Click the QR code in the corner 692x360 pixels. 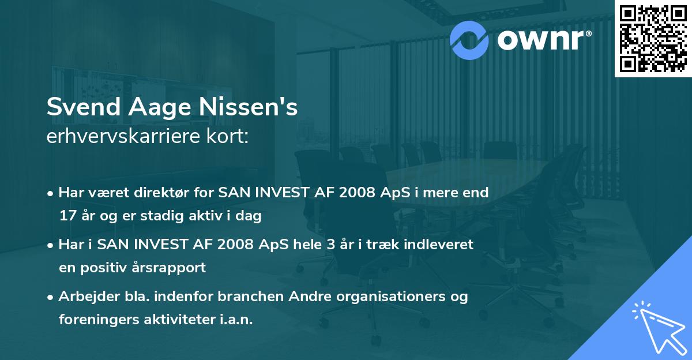click(652, 38)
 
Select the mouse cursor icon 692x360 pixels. click(657, 326)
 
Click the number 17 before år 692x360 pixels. click(67, 216)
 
